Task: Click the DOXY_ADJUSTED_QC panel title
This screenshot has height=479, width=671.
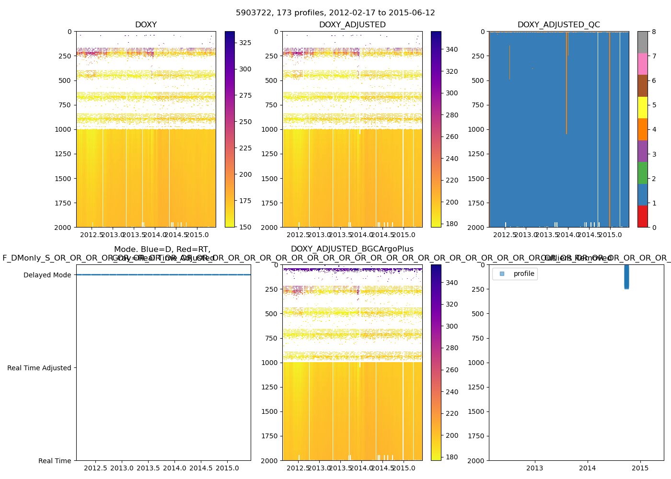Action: click(x=558, y=25)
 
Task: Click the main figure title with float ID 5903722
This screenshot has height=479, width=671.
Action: click(x=335, y=13)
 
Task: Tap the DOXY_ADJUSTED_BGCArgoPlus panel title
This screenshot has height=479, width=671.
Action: click(x=352, y=249)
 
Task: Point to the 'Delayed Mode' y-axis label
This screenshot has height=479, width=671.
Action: click(x=47, y=275)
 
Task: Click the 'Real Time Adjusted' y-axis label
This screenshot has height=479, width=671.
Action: click(x=39, y=368)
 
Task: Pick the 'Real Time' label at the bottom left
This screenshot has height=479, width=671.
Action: click(x=55, y=461)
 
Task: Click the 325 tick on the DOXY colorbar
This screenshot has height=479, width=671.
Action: click(x=245, y=43)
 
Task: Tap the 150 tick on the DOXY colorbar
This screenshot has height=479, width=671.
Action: click(x=245, y=227)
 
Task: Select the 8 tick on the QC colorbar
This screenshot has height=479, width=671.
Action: click(x=654, y=32)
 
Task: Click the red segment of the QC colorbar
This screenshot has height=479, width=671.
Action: click(x=642, y=217)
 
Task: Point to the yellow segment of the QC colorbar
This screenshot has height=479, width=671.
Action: click(x=642, y=108)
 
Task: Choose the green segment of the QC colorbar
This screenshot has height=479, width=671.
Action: click(x=642, y=173)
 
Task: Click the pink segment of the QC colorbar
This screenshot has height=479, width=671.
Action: click(x=642, y=64)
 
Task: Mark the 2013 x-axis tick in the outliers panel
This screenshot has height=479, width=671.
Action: click(x=535, y=468)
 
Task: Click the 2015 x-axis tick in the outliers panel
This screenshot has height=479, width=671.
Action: click(x=640, y=468)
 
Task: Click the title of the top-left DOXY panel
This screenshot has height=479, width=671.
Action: click(x=146, y=25)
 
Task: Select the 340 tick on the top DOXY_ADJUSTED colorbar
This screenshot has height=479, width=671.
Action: click(x=451, y=49)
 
